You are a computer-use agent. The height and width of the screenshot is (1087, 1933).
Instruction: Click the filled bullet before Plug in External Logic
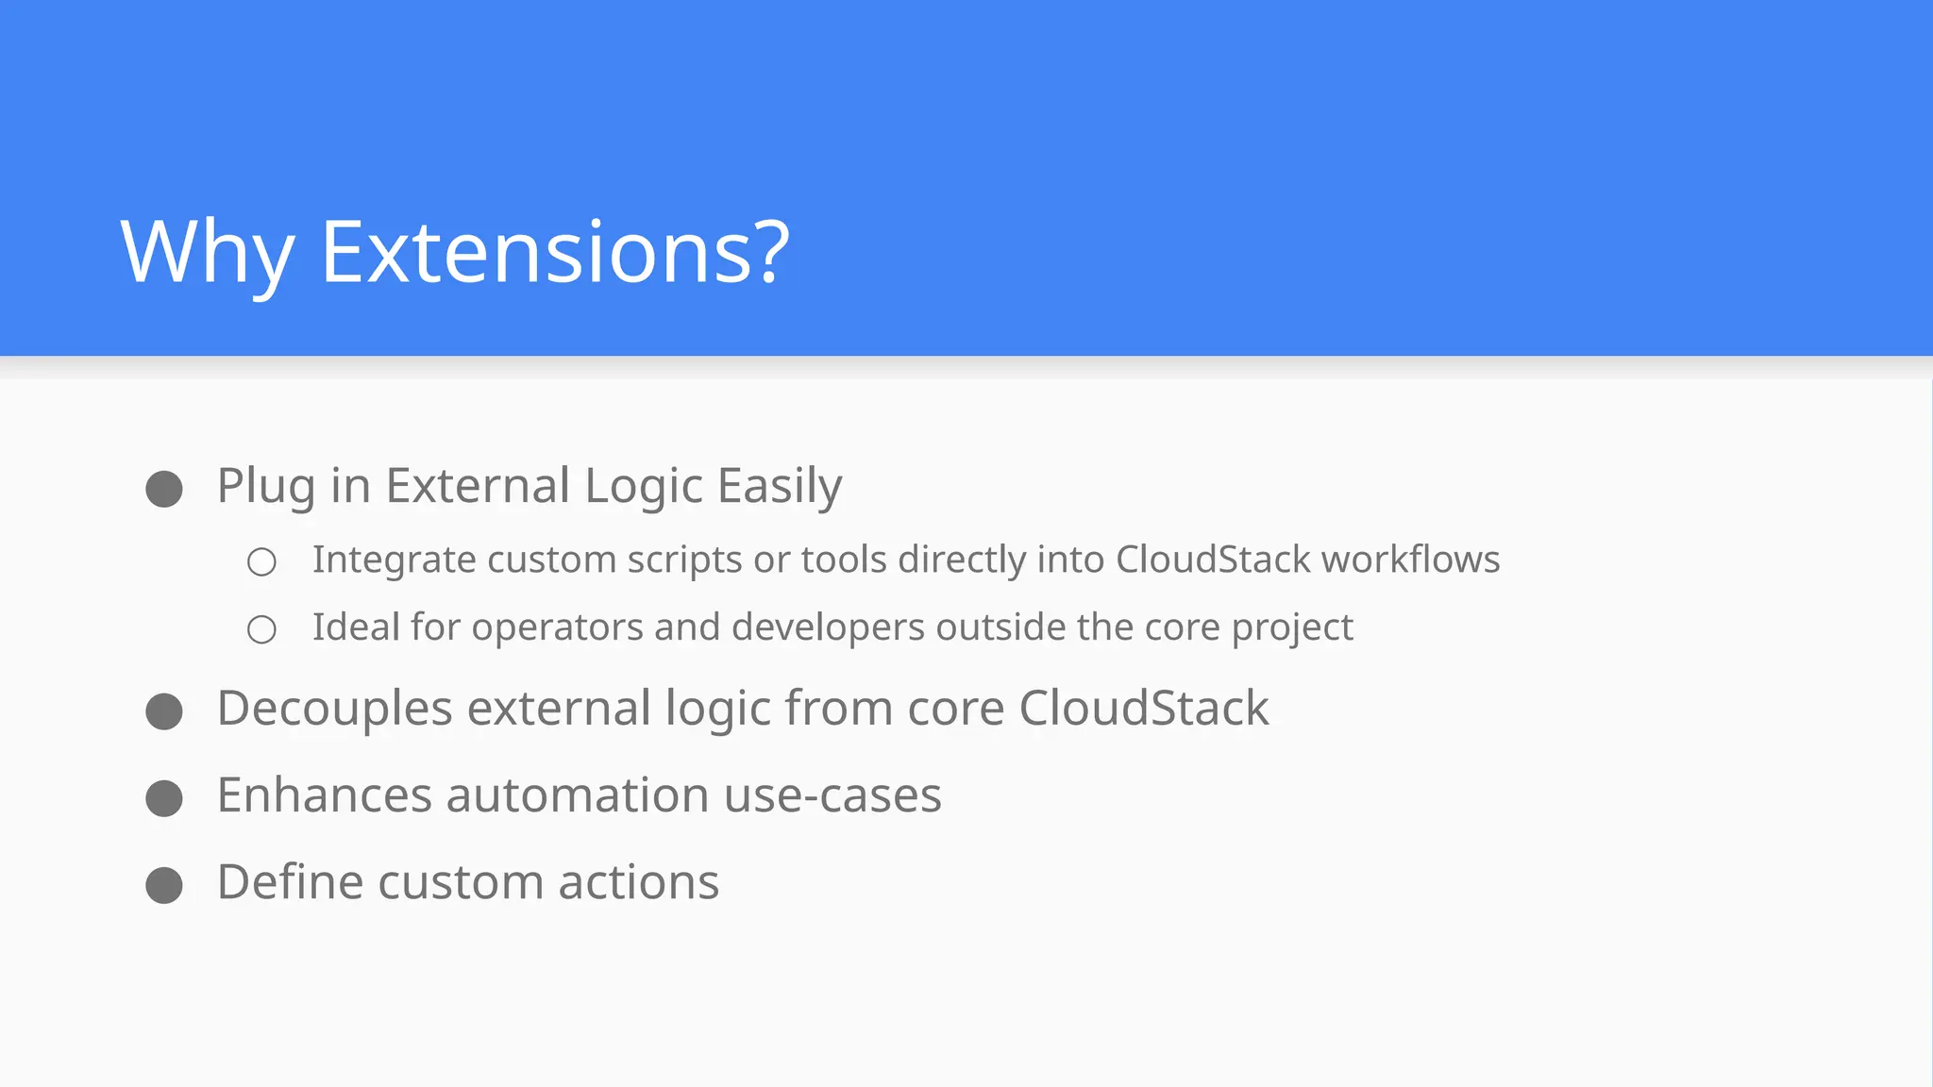tap(164, 489)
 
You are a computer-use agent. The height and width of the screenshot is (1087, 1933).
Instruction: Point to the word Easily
tap(779, 487)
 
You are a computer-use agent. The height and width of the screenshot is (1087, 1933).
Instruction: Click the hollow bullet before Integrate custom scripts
tap(261, 562)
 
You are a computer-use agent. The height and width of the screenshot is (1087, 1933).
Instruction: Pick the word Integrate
tap(394, 560)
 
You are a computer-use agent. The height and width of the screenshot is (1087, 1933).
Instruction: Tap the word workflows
tap(1410, 560)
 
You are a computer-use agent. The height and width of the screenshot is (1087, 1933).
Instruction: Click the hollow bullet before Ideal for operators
tap(261, 629)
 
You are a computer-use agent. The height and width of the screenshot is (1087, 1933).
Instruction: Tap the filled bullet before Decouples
tap(164, 711)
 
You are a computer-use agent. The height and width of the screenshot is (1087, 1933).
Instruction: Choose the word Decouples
tap(335, 709)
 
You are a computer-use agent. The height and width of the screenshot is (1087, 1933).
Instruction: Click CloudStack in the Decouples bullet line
tap(1143, 709)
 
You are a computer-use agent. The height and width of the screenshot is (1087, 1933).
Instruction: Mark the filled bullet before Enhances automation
tap(164, 798)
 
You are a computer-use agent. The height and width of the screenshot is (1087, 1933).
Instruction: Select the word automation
tap(577, 795)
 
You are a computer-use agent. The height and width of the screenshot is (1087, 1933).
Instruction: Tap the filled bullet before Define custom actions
tap(164, 885)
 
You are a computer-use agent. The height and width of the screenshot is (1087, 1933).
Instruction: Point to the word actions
tap(638, 883)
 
